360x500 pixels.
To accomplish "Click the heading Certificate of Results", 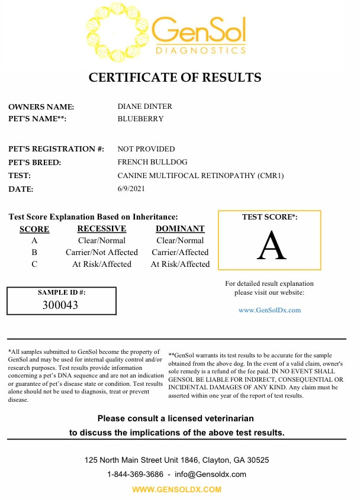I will (175, 78).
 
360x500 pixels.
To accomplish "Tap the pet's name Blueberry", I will (140, 118).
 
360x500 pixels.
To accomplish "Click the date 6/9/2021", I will (131, 189).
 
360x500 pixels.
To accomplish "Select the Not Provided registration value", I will (146, 149).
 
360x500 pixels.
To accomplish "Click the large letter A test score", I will (271, 246).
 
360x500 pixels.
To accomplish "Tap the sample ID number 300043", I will (60, 305).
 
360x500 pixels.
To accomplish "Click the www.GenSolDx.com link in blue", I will (269, 310).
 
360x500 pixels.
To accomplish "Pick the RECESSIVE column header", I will (102, 228).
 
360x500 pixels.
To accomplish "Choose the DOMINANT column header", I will (180, 228).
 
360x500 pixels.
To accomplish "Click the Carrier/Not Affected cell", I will (102, 252).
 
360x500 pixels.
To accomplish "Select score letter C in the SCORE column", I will (34, 264).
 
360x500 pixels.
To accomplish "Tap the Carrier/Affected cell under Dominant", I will (180, 252).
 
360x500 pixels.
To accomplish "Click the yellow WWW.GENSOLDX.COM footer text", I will (176, 489).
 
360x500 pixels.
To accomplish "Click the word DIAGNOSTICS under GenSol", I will (200, 51).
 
